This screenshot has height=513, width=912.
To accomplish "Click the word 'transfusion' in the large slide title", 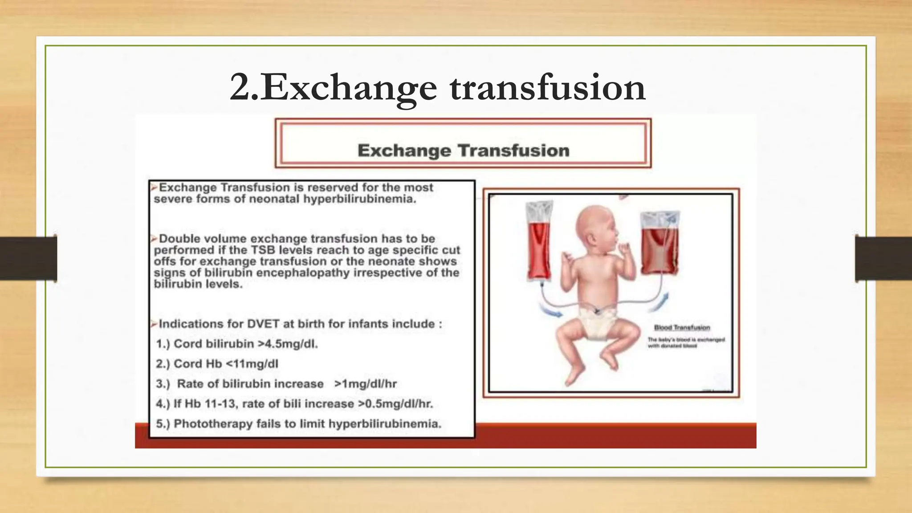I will pos(547,88).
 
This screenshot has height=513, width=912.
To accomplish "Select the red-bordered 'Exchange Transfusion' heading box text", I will pos(463,151).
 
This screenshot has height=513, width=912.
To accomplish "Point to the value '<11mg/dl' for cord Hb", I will pos(252,364).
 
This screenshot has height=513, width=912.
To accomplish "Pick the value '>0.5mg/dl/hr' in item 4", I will pos(395,404).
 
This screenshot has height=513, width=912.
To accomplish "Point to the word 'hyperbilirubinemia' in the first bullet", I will pos(360,199).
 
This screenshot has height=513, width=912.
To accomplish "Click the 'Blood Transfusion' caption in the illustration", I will pos(682,328).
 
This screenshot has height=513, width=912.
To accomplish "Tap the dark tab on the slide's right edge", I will pos(883,259).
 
